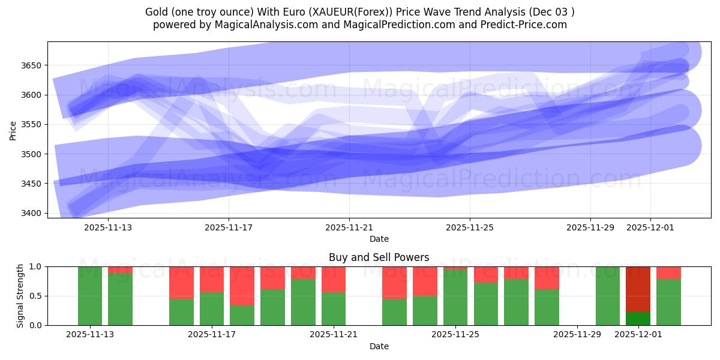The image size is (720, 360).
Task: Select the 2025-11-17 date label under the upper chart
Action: click(229, 227)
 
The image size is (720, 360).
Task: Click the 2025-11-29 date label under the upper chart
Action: click(590, 227)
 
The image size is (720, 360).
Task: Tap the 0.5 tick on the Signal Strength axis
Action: click(37, 296)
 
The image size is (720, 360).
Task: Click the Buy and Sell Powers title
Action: click(379, 257)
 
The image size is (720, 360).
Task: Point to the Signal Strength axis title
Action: click(20, 296)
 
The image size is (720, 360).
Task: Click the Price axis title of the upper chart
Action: click(13, 130)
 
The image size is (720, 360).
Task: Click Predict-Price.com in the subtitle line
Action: click(525, 25)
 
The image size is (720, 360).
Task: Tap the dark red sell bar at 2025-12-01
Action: click(638, 289)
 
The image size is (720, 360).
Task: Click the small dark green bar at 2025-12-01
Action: click(638, 319)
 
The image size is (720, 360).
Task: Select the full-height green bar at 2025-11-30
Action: click(607, 296)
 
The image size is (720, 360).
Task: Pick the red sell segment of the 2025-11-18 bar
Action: click(242, 286)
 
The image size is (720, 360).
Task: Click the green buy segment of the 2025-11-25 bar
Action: click(455, 298)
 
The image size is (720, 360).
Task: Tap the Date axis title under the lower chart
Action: click(379, 346)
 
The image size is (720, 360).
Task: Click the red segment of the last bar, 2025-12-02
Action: click(668, 272)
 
